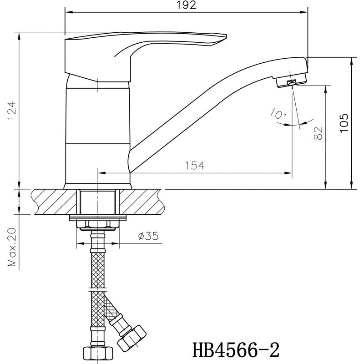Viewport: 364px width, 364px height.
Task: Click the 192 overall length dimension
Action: coord(186,5)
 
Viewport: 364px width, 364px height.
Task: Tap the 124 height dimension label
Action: coord(12,110)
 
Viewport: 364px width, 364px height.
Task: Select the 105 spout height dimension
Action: coord(344,123)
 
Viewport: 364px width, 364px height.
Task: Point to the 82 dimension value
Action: coord(318,133)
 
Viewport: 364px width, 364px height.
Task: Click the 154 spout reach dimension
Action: coord(195,166)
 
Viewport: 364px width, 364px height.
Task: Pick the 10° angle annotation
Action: coord(278,113)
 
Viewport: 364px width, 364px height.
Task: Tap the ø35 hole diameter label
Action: coord(148,236)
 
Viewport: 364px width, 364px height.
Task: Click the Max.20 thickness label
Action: coord(12,247)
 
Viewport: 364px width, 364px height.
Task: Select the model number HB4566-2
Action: coord(236,350)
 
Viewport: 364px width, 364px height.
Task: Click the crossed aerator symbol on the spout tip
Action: coord(292,82)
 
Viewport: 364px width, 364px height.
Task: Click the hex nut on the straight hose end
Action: coord(98,355)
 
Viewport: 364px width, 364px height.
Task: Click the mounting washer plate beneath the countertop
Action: coord(98,217)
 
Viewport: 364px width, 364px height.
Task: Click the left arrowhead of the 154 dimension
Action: coord(102,173)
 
